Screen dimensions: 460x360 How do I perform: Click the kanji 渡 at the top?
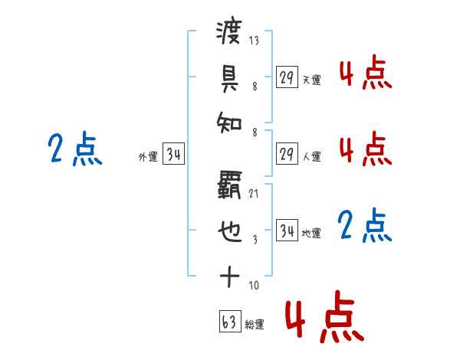pos(229,33)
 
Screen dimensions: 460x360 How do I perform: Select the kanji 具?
pos(229,77)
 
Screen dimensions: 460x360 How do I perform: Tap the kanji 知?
pos(229,123)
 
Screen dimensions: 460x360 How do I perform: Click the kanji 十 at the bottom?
pos(229,277)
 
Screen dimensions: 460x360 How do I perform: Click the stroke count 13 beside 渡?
pos(254,41)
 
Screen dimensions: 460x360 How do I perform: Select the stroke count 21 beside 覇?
pos(254,194)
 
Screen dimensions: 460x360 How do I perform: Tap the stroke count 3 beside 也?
pos(254,240)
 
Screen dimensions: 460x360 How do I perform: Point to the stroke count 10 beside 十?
pos(254,286)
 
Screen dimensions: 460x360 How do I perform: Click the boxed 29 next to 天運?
pos(286,77)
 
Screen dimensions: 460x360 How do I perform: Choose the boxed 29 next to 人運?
pos(286,154)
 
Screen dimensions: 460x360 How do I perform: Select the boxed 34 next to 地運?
pos(287,231)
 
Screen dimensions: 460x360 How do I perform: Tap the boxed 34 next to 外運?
pos(173,155)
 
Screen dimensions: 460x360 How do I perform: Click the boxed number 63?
pos(228,322)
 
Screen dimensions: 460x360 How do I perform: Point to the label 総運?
pos(255,325)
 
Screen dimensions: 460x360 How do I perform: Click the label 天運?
pos(311,80)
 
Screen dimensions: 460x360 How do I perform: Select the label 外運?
pos(148,157)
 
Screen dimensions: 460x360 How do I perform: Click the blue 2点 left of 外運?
pos(75,149)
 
